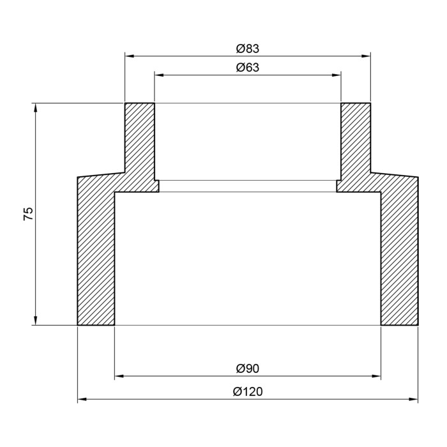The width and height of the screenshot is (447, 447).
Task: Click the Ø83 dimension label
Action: pyautogui.click(x=248, y=49)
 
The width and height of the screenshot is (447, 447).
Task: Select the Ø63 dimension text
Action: pyautogui.click(x=248, y=68)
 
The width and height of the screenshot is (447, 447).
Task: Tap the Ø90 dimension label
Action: pyautogui.click(x=248, y=368)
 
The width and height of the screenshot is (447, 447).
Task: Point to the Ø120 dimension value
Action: pyautogui.click(x=248, y=391)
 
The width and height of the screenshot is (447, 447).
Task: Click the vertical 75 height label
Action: pyautogui.click(x=28, y=214)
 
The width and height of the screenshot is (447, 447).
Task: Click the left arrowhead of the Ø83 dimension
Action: pyautogui.click(x=130, y=56)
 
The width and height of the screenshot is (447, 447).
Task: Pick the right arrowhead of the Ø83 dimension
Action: pyautogui.click(x=366, y=56)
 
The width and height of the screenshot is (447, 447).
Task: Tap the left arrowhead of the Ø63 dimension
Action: pyautogui.click(x=159, y=75)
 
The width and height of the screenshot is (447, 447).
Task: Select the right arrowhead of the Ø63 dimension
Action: pyautogui.click(x=337, y=75)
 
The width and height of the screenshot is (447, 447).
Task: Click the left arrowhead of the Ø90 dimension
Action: pyautogui.click(x=119, y=376)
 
